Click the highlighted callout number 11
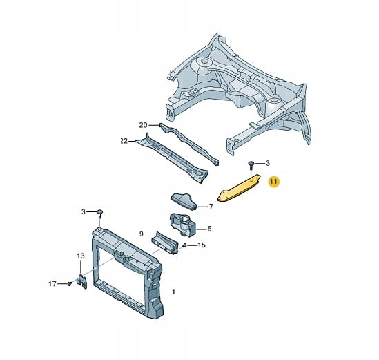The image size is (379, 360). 273,181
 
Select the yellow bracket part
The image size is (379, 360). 239,188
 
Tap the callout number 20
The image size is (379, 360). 143,125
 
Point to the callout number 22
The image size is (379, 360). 124,141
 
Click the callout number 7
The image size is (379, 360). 211,207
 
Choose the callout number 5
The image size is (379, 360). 209,229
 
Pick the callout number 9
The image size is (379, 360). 142,234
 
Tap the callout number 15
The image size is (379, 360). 202,245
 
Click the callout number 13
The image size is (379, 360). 81,256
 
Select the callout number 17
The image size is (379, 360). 52,283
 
